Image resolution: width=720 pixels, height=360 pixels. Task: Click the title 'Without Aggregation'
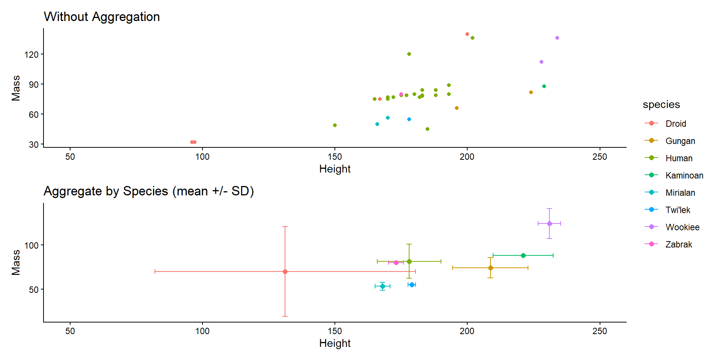pyautogui.click(x=102, y=17)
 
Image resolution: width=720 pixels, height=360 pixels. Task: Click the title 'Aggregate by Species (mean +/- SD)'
pyautogui.click(x=149, y=191)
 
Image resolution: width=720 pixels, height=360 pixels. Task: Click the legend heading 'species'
pyautogui.click(x=661, y=105)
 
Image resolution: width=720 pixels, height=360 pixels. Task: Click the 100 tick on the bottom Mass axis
pyautogui.click(x=31, y=246)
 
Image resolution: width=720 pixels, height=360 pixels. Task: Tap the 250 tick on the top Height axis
pyautogui.click(x=600, y=157)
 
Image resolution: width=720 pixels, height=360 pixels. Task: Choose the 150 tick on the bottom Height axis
pyautogui.click(x=335, y=331)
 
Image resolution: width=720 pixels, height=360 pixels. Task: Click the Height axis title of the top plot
pyautogui.click(x=335, y=169)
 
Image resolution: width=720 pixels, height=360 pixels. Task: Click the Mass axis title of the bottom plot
pyautogui.click(x=16, y=262)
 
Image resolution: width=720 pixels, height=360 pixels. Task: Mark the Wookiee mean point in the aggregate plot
pyautogui.click(x=549, y=223)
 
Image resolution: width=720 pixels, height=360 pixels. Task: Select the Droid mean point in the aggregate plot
pyautogui.click(x=285, y=271)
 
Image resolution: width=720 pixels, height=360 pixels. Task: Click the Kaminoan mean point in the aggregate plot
pyautogui.click(x=523, y=255)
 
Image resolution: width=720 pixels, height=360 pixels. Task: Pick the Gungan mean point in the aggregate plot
pyautogui.click(x=490, y=268)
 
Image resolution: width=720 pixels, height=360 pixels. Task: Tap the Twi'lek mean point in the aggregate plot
pyautogui.click(x=412, y=285)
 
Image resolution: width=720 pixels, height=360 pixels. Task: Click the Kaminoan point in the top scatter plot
pyautogui.click(x=544, y=86)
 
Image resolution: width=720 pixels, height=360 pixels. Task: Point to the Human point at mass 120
pyautogui.click(x=409, y=54)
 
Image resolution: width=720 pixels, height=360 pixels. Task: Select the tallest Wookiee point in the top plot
pyautogui.click(x=557, y=38)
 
